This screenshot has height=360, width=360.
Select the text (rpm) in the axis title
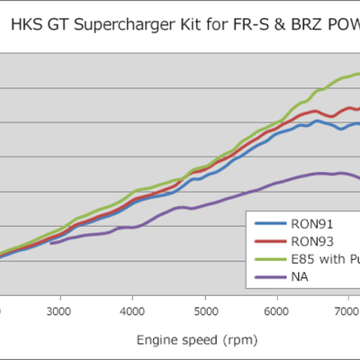click(220, 340)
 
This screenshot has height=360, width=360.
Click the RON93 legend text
click(312, 241)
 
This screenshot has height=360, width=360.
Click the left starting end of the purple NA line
click(51, 243)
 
